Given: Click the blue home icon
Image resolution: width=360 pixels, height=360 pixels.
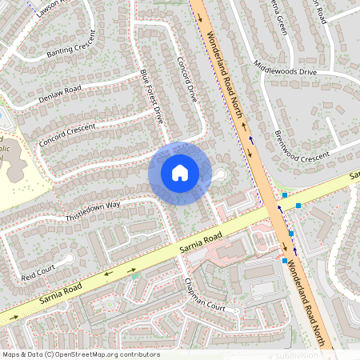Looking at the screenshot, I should click(180, 172).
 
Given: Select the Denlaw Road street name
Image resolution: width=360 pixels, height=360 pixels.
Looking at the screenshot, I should click(60, 94).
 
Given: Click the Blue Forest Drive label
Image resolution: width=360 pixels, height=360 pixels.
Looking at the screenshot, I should click(151, 96).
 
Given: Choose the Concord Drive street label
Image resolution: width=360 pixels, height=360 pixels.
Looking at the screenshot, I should click(186, 78).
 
